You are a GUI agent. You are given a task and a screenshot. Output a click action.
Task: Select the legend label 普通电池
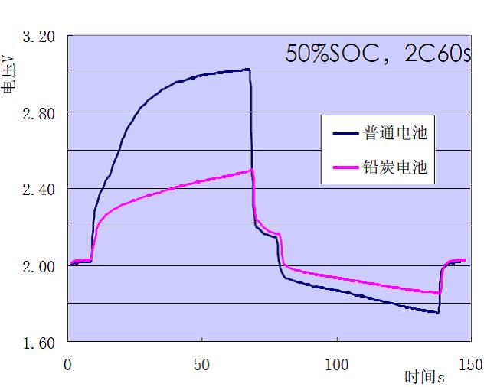[395, 133]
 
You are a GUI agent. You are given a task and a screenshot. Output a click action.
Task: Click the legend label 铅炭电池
[395, 166]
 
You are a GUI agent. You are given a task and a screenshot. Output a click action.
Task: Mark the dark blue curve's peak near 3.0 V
[247, 70]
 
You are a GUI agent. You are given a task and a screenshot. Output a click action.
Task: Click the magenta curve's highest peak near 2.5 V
[251, 170]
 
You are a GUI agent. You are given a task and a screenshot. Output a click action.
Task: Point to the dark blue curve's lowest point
[437, 313]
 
